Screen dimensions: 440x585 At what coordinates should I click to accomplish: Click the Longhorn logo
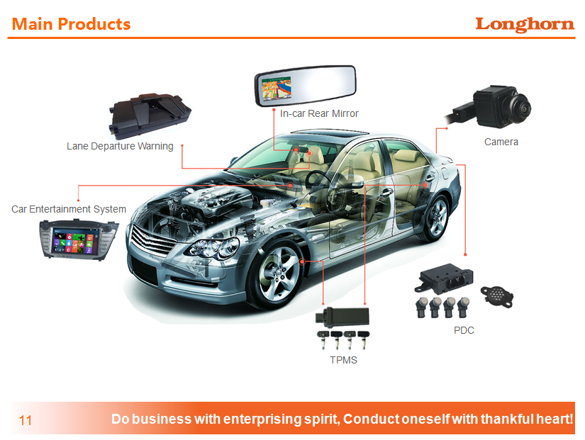[524, 24]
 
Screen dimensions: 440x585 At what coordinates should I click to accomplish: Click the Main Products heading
[72, 24]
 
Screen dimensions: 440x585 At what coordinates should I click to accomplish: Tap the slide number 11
[26, 420]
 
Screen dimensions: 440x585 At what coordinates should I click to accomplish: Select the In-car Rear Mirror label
[319, 113]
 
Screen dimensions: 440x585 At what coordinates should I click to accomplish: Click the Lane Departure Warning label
[120, 146]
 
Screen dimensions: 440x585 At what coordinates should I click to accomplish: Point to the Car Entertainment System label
[69, 209]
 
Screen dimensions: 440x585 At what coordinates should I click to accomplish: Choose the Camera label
[501, 142]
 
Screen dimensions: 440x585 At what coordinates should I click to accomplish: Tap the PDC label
[464, 330]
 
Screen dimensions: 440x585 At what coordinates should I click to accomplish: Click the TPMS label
[343, 360]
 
